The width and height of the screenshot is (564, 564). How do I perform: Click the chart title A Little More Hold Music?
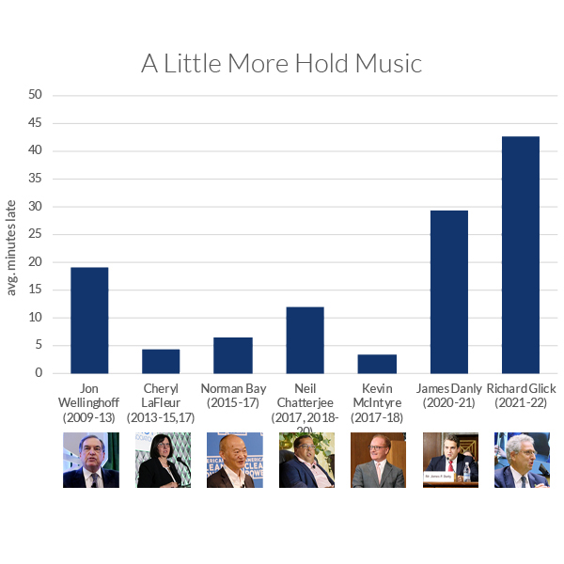pyautogui.click(x=282, y=63)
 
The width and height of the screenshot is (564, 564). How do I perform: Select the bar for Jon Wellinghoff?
pyautogui.click(x=89, y=321)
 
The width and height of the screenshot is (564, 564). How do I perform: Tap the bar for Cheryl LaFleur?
pyautogui.click(x=161, y=361)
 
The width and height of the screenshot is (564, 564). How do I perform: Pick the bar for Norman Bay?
pyautogui.click(x=233, y=355)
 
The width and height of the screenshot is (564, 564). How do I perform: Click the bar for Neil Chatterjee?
pyautogui.click(x=305, y=340)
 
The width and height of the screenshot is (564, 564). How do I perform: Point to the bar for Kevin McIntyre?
pyautogui.click(x=377, y=364)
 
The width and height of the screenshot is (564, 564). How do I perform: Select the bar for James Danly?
pyautogui.click(x=449, y=291)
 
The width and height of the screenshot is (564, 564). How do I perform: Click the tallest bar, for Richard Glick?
pyautogui.click(x=521, y=255)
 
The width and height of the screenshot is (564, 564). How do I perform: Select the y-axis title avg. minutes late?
pyautogui.click(x=12, y=246)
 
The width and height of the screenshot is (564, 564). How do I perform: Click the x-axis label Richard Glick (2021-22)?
pyautogui.click(x=521, y=395)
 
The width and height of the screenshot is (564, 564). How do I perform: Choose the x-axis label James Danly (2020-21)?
pyautogui.click(x=449, y=395)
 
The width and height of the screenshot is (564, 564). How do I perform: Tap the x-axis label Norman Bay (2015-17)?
pyautogui.click(x=233, y=395)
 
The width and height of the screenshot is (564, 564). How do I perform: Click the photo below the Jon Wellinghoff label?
pyautogui.click(x=90, y=460)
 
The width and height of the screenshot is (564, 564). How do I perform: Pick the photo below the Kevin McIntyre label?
pyautogui.click(x=378, y=460)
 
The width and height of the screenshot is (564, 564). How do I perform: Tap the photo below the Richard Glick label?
pyautogui.click(x=522, y=460)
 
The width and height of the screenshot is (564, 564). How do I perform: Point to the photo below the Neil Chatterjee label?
pyautogui.click(x=306, y=460)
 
